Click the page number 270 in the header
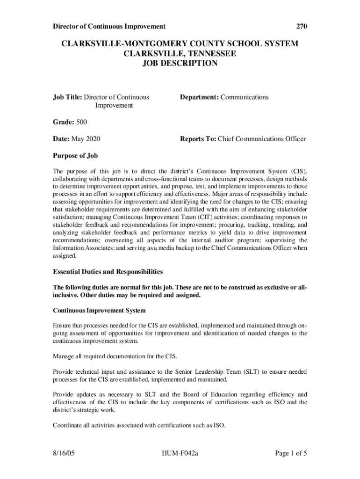point(302,26)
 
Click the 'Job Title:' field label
point(67,97)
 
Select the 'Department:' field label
point(199,97)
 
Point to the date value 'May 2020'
point(86,139)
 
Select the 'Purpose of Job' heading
point(75,156)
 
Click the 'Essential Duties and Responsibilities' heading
point(108,271)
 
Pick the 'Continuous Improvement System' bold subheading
point(99,311)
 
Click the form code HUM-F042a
point(180,453)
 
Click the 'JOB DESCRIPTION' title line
point(180,63)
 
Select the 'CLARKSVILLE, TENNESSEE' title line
point(180,53)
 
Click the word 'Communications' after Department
point(245,97)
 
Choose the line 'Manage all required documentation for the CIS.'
point(115,356)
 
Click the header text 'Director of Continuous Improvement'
point(108,26)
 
